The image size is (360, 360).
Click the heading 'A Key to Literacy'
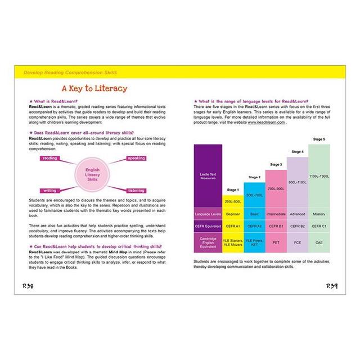(x=94, y=88)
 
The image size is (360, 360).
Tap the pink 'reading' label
(x=49, y=159)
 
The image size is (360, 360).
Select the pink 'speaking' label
(x=136, y=159)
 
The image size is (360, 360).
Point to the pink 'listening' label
(x=135, y=190)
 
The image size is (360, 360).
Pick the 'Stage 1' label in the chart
(x=232, y=190)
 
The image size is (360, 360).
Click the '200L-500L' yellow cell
(x=232, y=201)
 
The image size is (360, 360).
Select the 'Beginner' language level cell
(x=232, y=214)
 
